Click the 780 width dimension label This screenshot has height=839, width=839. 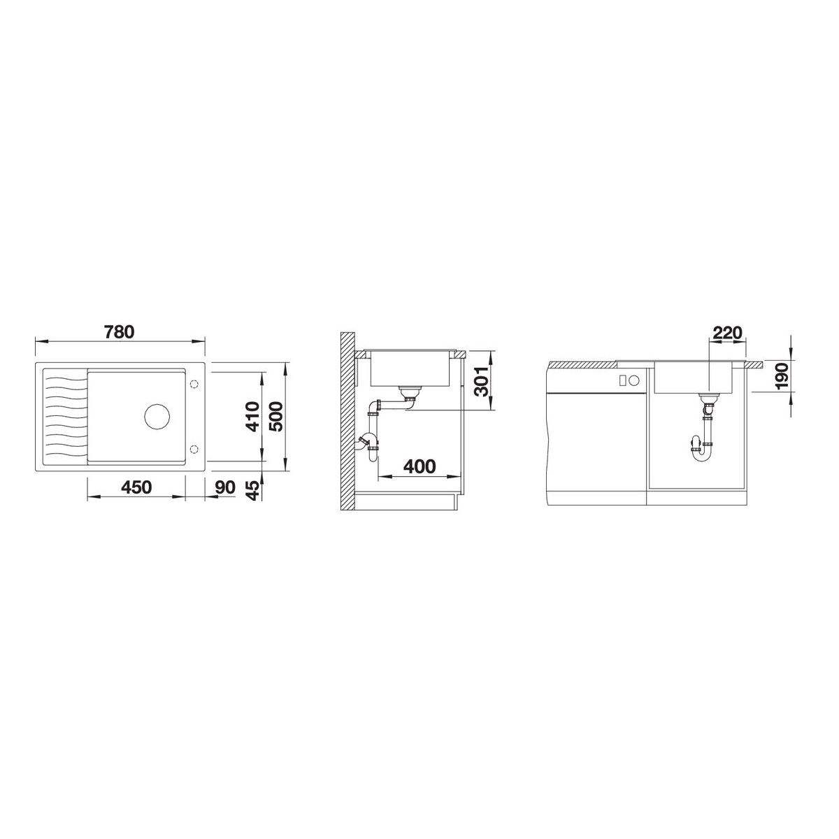coord(120,331)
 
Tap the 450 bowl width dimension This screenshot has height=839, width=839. coord(137,487)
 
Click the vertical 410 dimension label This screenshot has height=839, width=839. coord(252,417)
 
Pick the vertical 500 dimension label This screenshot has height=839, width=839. coord(275,417)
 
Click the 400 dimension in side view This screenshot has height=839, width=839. coord(419,466)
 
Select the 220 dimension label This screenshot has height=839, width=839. coord(727,333)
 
